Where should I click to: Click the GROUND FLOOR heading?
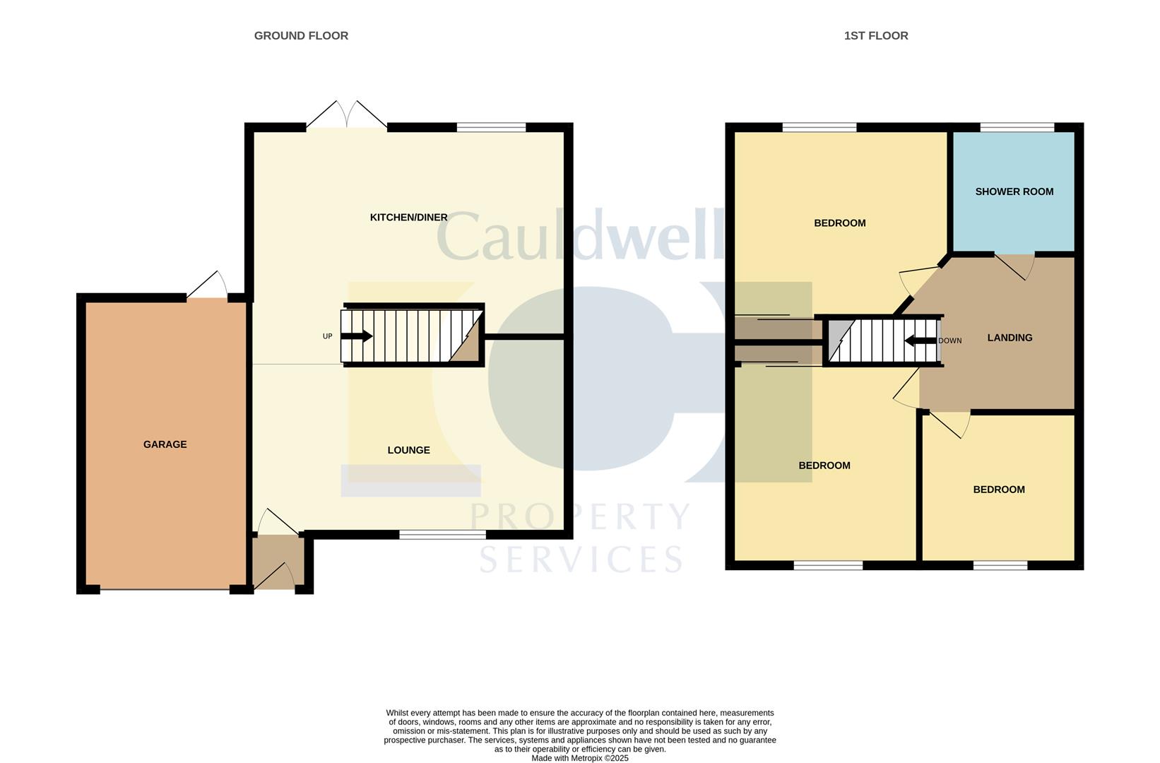301,35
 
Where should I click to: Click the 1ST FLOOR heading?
875,35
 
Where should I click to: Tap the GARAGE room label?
165,444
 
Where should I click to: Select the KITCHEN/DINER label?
408,217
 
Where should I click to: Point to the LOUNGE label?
408,450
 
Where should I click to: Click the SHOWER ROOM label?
1014,191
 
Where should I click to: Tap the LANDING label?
1010,338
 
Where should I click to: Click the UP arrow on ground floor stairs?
357,336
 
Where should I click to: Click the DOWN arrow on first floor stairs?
921,341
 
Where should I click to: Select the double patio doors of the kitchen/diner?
347,116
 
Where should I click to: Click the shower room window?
1017,127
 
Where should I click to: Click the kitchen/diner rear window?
491,127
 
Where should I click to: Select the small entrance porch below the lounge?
278,562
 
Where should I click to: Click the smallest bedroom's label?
998,490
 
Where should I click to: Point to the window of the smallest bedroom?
1000,565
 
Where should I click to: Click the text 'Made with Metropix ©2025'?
579,758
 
